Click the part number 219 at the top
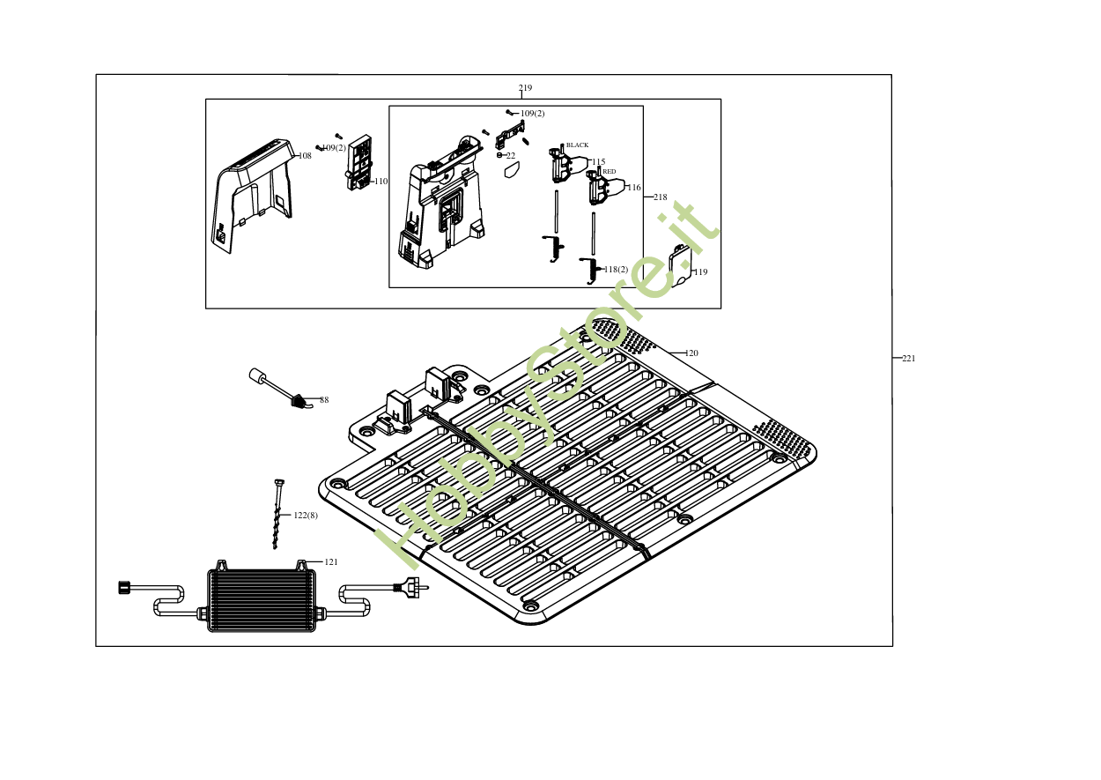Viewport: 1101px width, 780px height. click(525, 88)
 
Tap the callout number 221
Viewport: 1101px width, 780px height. click(909, 359)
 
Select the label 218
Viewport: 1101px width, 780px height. click(661, 197)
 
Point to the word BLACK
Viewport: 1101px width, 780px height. click(578, 145)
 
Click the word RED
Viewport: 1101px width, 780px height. click(610, 171)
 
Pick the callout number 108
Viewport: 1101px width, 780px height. click(305, 156)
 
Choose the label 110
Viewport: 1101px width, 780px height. click(381, 182)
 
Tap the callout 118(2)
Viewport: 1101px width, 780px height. click(616, 269)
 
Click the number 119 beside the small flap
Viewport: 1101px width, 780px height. click(700, 272)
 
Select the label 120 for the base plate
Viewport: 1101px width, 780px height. click(691, 353)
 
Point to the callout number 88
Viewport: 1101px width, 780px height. click(324, 400)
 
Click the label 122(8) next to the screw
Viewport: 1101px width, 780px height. click(306, 515)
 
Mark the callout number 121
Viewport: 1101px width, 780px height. click(331, 562)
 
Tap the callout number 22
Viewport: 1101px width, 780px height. click(511, 156)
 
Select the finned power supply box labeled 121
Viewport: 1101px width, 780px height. click(261, 599)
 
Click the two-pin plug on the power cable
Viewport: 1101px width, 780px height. click(412, 583)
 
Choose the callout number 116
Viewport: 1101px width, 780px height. click(634, 188)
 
